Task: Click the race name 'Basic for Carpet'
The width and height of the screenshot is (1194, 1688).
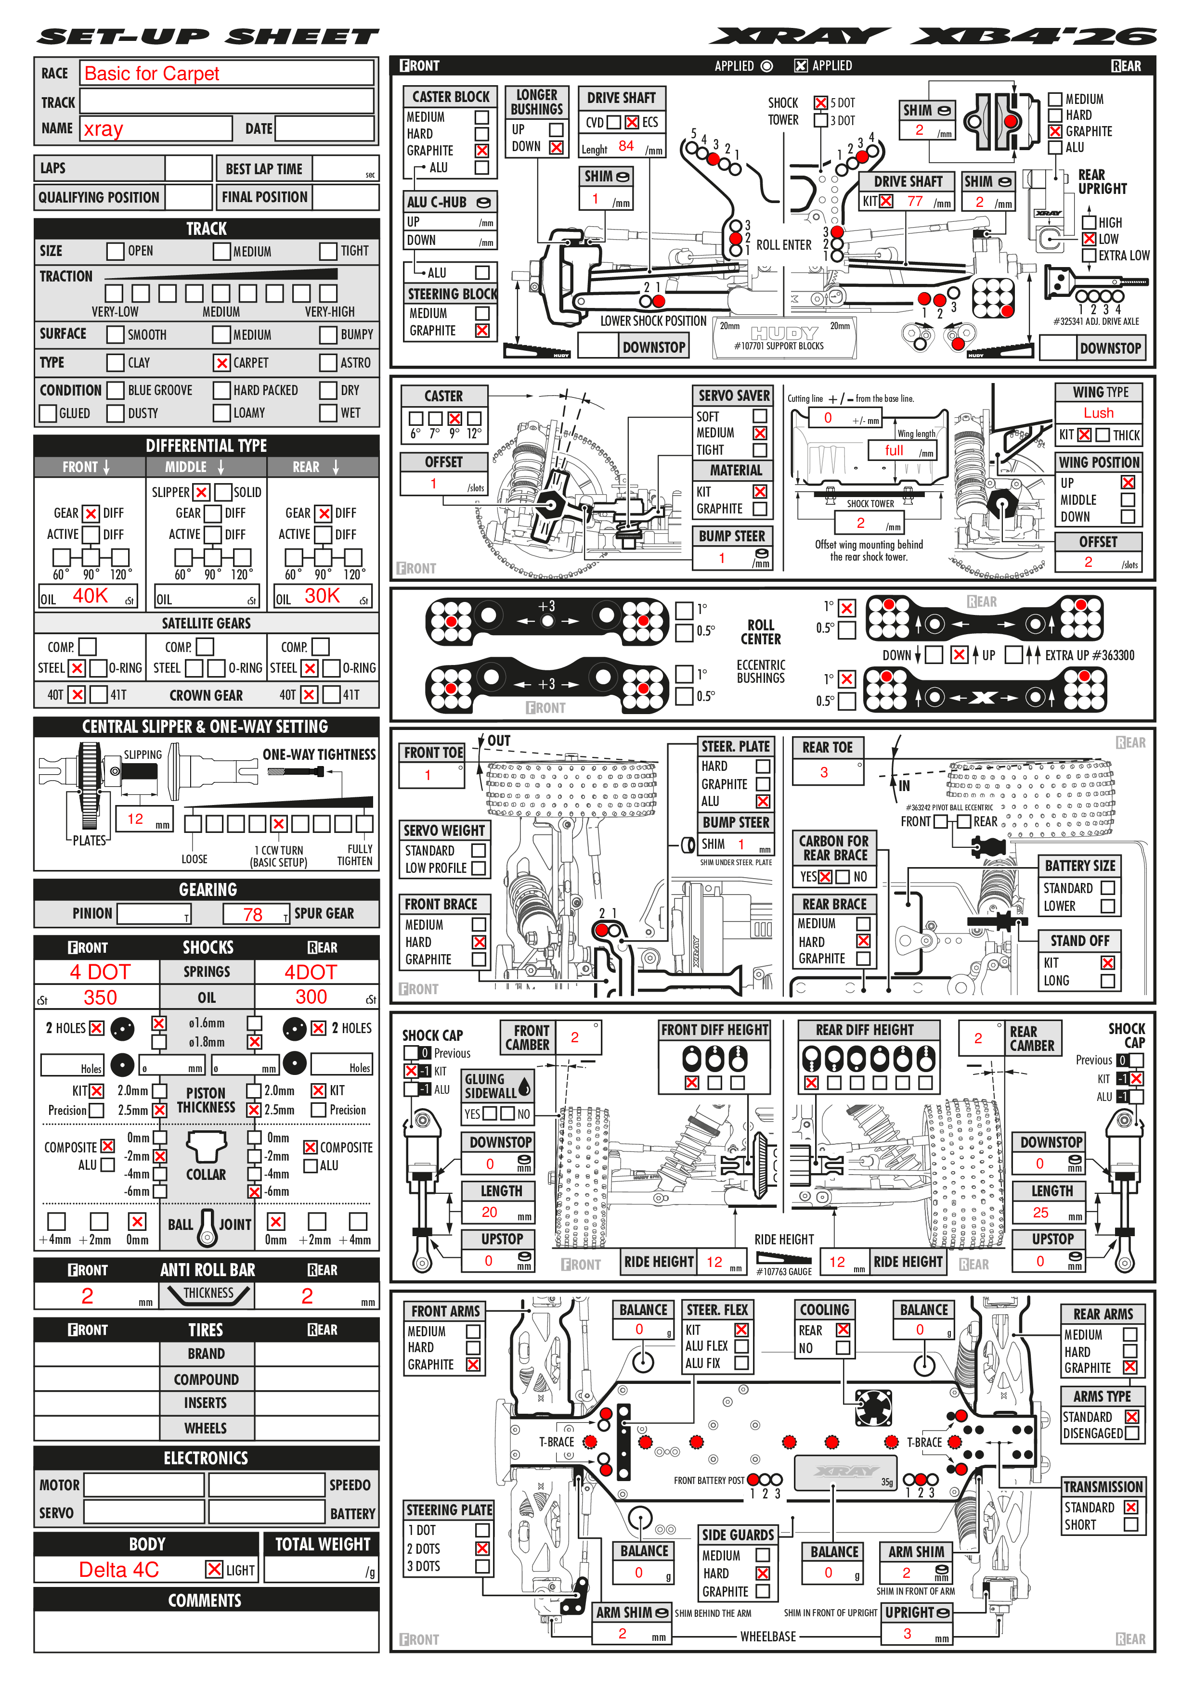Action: (152, 74)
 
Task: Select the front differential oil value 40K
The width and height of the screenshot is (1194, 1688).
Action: (91, 596)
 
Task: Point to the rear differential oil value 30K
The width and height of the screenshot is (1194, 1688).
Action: (322, 596)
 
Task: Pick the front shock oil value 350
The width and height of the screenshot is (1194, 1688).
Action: (100, 997)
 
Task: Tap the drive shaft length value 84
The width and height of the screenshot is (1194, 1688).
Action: (626, 146)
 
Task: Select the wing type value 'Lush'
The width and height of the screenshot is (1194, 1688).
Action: (1098, 413)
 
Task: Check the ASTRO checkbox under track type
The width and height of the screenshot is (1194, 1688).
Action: (328, 362)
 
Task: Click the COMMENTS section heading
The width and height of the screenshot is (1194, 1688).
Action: (205, 1600)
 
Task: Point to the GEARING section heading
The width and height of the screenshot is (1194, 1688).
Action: (208, 890)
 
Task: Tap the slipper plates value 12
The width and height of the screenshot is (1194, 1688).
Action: (135, 819)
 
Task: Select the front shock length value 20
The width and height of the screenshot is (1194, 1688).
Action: (489, 1212)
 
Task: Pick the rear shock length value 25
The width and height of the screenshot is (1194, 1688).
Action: (1040, 1212)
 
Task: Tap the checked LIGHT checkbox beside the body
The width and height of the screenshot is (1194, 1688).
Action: (214, 1569)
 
